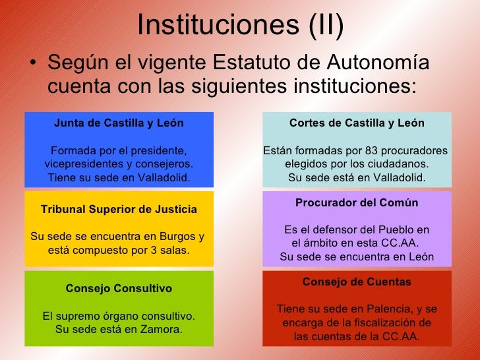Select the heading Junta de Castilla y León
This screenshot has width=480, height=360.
coord(119,123)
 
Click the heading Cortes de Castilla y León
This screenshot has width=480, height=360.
coord(357,123)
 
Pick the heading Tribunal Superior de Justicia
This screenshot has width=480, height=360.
coord(119,210)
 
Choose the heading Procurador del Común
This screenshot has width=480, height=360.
coord(357,202)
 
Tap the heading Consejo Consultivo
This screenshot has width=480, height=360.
coord(119,289)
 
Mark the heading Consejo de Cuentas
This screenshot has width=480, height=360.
coord(357,282)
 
